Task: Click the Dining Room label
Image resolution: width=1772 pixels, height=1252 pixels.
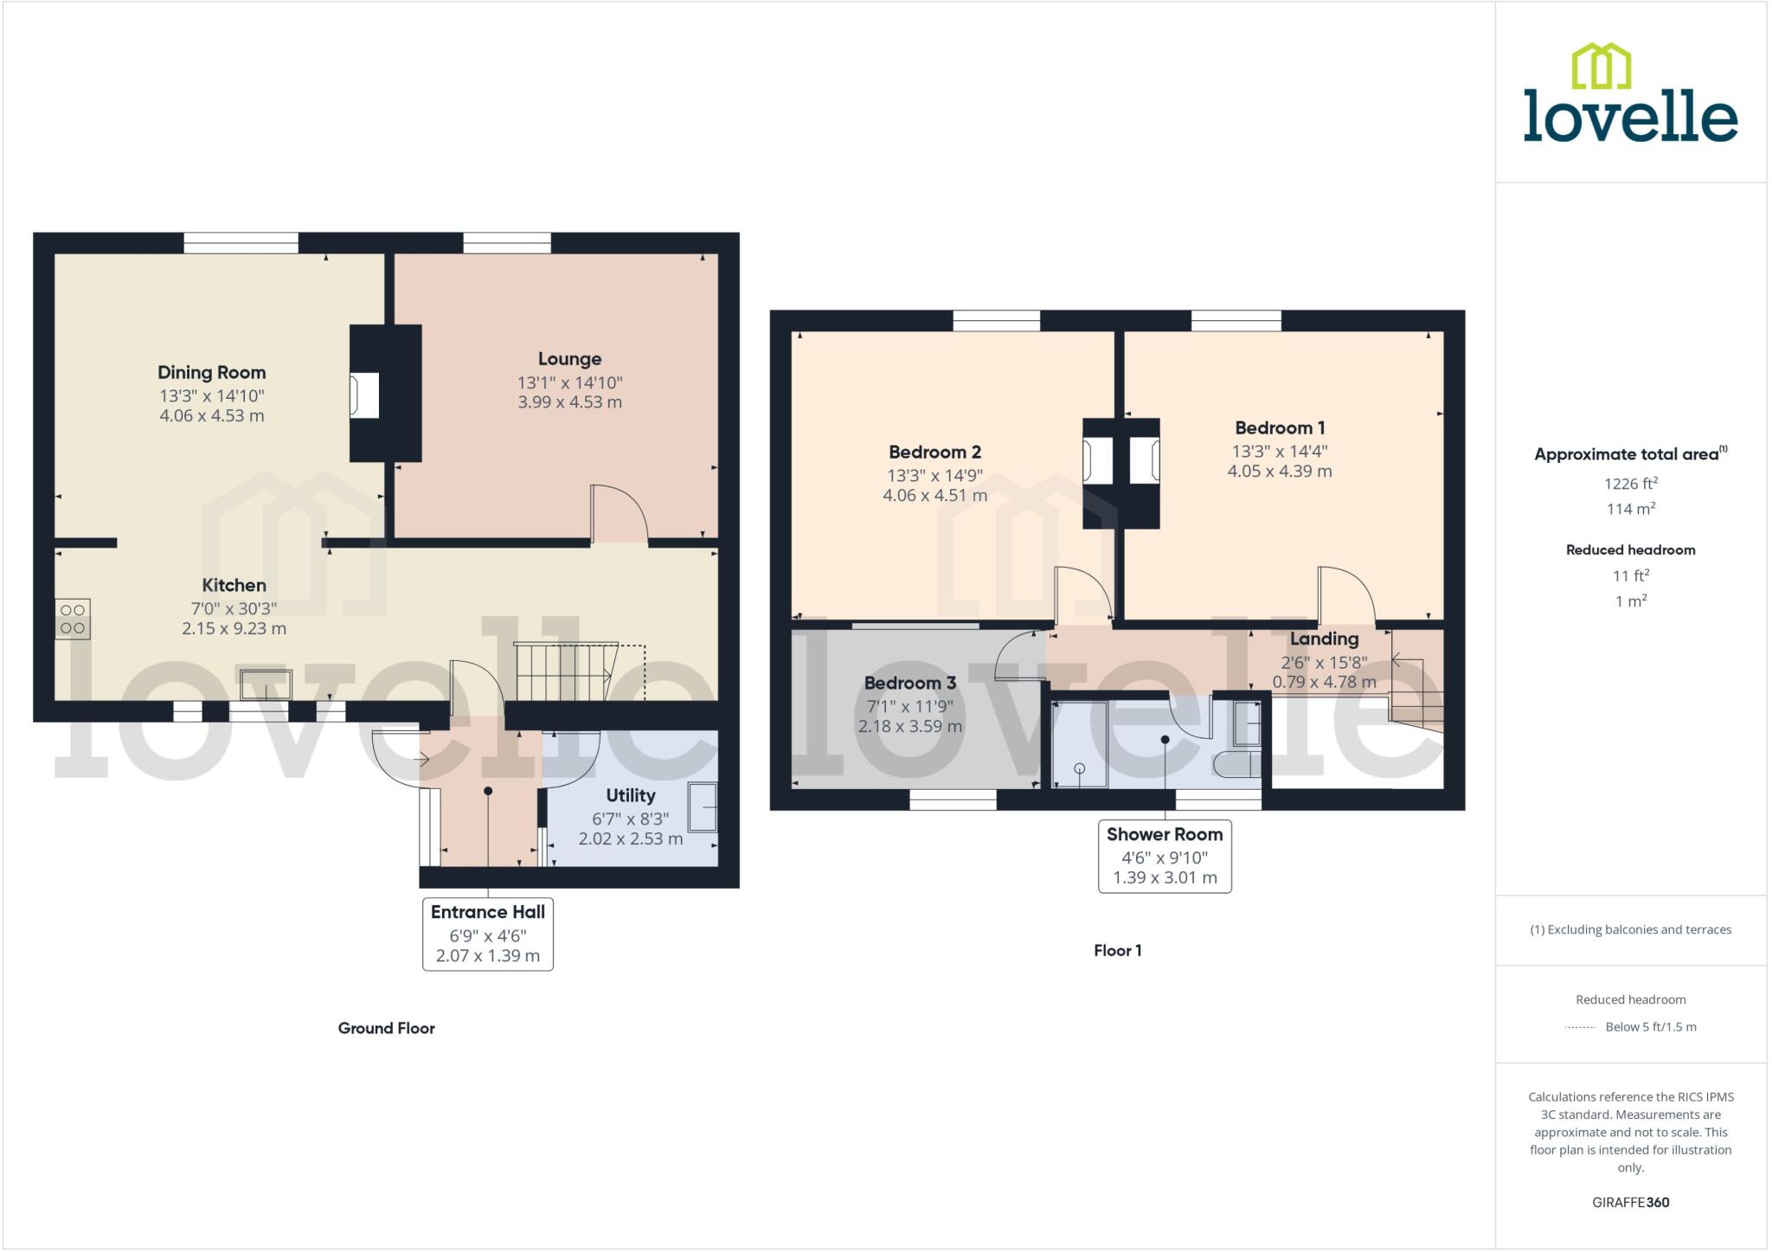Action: point(211,372)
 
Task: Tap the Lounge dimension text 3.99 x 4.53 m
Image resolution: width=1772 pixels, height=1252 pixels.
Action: point(569,401)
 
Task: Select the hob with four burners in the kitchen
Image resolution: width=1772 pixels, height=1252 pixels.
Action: point(73,619)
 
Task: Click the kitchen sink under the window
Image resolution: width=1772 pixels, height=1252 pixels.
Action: point(266,684)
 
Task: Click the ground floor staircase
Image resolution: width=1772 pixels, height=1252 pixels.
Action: point(562,671)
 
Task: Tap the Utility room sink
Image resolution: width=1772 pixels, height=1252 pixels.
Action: point(703,807)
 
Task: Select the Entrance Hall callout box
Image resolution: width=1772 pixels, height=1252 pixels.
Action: point(487,934)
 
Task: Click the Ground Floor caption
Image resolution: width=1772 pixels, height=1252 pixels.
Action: point(386,1028)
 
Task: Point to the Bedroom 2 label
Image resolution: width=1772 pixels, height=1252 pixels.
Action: point(934,452)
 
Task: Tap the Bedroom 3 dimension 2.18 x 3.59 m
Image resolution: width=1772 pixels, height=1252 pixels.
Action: point(909,726)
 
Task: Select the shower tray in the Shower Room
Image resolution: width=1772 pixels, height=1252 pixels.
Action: point(1079,745)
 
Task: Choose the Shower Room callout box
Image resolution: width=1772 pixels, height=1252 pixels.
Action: point(1165,856)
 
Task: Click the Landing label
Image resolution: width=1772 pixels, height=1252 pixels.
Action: point(1324,639)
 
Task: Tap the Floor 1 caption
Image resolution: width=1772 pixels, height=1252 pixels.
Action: point(1117,950)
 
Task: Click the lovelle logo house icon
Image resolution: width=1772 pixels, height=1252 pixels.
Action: point(1601,67)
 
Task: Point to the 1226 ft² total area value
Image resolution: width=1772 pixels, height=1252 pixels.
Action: point(1630,484)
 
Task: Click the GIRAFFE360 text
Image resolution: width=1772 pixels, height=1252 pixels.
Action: point(1630,1202)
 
